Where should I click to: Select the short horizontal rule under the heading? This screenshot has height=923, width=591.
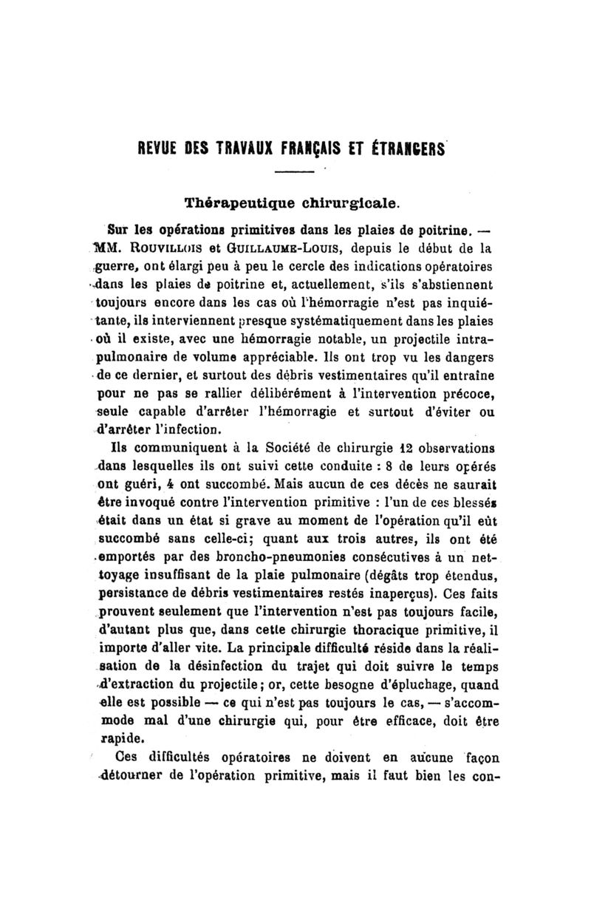[x=295, y=174]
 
